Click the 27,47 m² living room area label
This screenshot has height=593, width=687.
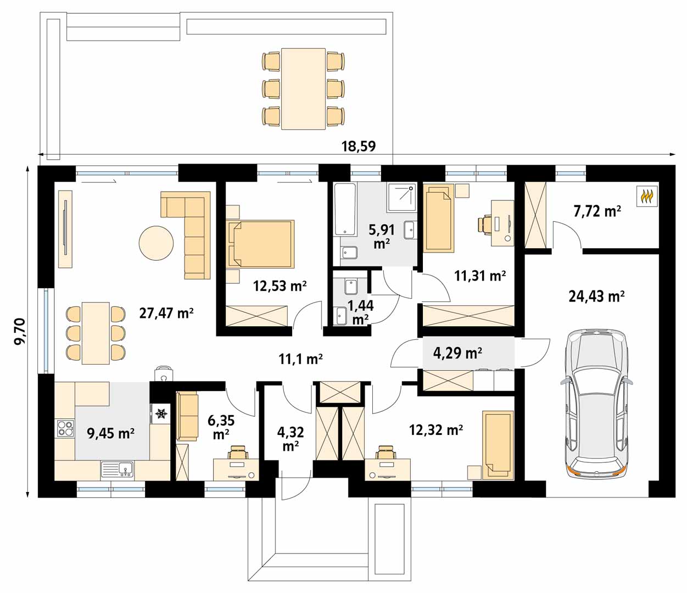tap(166, 313)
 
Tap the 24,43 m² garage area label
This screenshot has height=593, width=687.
tap(596, 296)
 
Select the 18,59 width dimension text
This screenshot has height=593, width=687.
tap(359, 146)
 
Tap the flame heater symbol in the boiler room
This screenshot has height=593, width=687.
tap(647, 197)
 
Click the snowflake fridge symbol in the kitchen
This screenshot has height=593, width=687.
tap(161, 413)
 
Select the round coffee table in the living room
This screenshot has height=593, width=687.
tap(156, 243)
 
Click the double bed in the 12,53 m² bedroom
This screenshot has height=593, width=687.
tap(261, 244)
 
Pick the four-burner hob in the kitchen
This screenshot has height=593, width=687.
tap(65, 428)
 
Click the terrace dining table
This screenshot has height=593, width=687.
tap(303, 89)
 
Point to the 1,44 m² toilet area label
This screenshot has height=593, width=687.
tap(360, 312)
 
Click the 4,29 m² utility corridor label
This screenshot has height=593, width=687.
tap(457, 353)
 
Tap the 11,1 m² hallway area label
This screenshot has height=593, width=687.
tap(300, 359)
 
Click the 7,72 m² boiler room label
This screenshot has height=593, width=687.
tap(597, 211)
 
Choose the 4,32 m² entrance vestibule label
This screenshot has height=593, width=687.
tap(291, 439)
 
